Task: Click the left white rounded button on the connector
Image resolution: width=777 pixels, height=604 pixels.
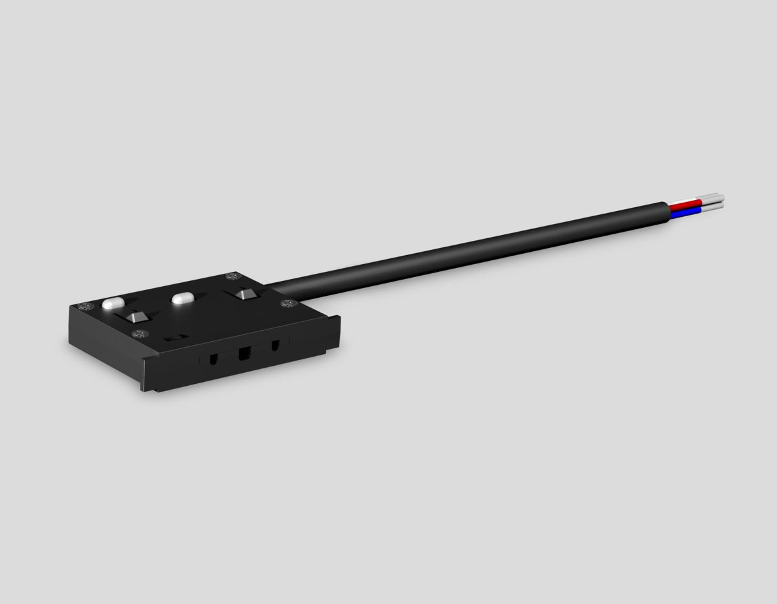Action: click(x=113, y=303)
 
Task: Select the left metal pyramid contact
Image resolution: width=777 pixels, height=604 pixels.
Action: click(x=136, y=317)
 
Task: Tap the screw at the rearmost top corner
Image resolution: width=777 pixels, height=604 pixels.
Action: click(x=230, y=277)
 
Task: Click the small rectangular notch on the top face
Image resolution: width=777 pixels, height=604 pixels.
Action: click(x=175, y=337)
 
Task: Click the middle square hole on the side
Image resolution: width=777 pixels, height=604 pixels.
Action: click(x=244, y=354)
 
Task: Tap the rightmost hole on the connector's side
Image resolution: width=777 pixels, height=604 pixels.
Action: click(x=275, y=346)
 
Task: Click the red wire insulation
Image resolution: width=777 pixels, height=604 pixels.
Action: click(x=684, y=202)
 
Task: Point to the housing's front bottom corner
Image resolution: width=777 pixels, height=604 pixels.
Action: click(x=146, y=388)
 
